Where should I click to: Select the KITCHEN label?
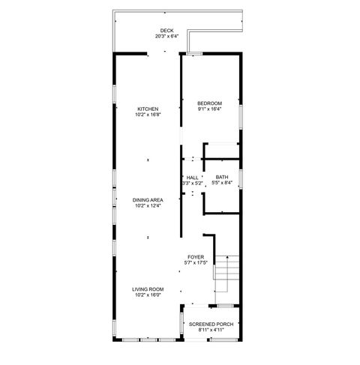(148, 109)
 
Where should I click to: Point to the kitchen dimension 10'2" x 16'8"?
(148, 115)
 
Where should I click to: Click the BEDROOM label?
(210, 103)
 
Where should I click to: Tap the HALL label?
(193, 178)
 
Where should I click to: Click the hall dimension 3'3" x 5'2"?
(193, 183)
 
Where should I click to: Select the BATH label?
(223, 178)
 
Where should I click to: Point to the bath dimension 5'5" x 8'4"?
(223, 183)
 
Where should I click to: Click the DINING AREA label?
(148, 200)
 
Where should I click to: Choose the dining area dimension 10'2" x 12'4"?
(148, 205)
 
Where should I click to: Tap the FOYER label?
(196, 257)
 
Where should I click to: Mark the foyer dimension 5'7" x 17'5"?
(196, 262)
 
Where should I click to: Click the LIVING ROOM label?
(148, 290)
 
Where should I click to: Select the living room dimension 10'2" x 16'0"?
(148, 295)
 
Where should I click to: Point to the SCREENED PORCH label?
(211, 324)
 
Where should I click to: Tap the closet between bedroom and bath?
(222, 151)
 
